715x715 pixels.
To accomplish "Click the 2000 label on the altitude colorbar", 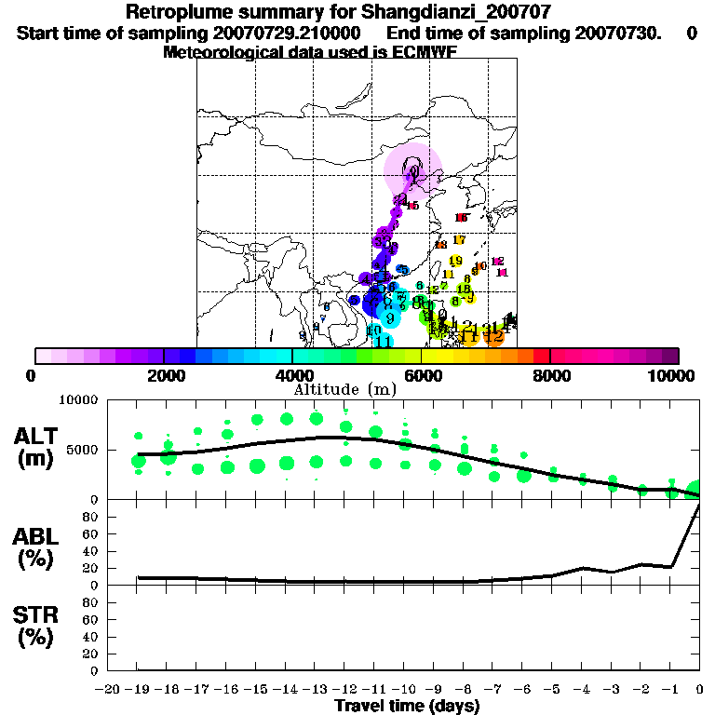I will [164, 375].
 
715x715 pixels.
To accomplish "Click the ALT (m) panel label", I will [39, 447].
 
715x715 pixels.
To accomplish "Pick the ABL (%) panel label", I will [38, 548].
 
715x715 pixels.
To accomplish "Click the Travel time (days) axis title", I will [407, 707].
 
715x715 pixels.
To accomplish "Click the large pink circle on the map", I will [412, 170].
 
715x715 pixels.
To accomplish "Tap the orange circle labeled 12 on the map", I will [494, 337].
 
